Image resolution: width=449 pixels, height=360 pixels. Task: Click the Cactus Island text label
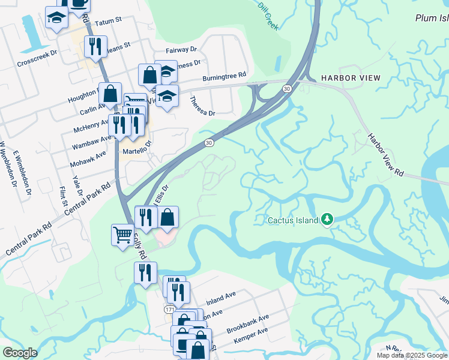(x=292, y=220)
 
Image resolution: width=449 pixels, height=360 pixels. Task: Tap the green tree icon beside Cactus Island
(x=327, y=220)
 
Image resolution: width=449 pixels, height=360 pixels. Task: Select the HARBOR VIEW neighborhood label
(x=350, y=79)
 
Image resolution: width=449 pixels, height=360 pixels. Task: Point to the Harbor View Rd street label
(x=386, y=155)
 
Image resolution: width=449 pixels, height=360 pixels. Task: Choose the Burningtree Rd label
(x=224, y=76)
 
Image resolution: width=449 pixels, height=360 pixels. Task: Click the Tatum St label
(x=108, y=20)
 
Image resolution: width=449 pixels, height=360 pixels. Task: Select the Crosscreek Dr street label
(x=37, y=53)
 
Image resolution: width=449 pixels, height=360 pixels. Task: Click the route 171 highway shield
(x=170, y=308)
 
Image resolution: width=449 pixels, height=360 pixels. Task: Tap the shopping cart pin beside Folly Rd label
(x=122, y=233)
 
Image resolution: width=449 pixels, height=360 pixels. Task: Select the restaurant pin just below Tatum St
(x=95, y=46)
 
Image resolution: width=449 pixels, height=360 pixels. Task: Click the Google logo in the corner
(x=20, y=353)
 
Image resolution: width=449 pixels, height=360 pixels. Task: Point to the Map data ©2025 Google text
(x=412, y=355)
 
